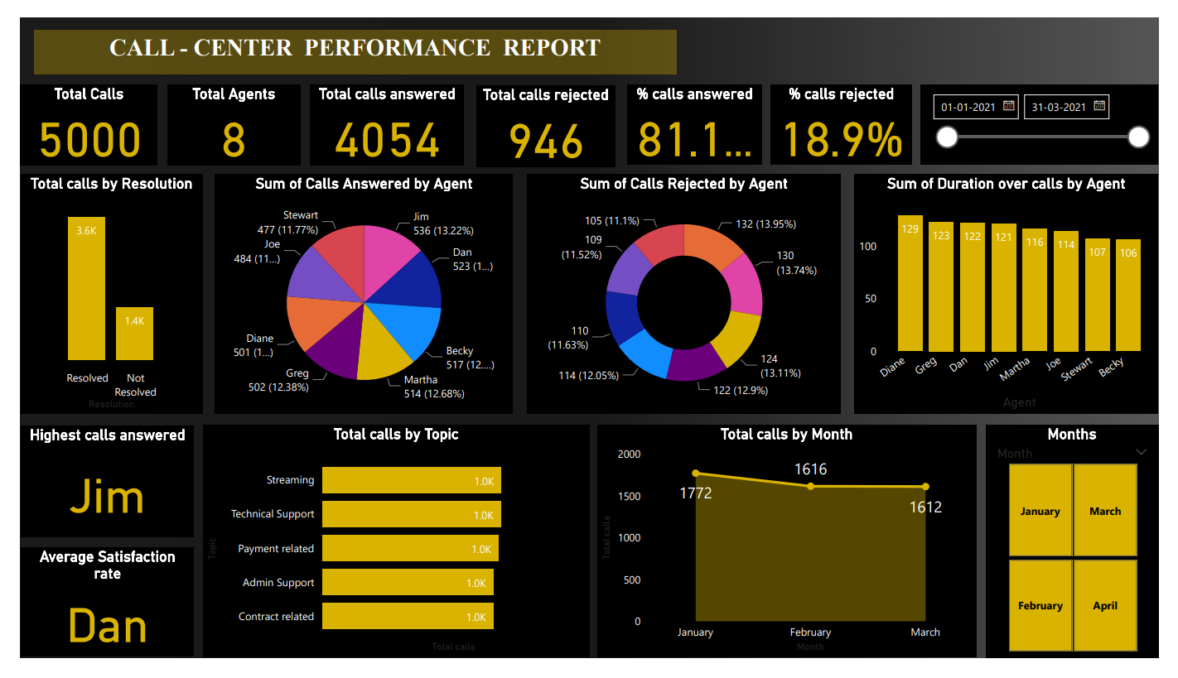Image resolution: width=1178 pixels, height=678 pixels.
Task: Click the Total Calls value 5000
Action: click(x=89, y=139)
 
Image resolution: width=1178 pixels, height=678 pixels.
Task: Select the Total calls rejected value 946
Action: click(x=546, y=141)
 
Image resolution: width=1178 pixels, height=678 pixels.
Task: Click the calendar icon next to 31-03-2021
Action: click(x=1098, y=106)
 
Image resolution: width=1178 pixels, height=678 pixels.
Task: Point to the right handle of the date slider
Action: click(x=1138, y=137)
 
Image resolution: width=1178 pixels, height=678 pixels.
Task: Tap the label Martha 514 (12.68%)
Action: click(x=433, y=387)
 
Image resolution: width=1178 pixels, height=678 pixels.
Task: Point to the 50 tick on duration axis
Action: click(x=870, y=299)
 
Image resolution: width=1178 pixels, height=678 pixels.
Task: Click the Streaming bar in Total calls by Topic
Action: click(x=411, y=480)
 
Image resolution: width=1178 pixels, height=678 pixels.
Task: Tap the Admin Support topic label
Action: click(x=278, y=583)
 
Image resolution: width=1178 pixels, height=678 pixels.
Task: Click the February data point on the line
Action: click(x=811, y=486)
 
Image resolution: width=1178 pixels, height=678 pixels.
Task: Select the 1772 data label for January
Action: click(x=695, y=493)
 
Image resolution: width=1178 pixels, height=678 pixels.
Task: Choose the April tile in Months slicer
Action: click(x=1104, y=605)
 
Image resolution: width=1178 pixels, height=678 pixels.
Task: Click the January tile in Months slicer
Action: click(x=1040, y=510)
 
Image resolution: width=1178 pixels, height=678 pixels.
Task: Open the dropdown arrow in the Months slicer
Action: click(x=1141, y=452)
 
